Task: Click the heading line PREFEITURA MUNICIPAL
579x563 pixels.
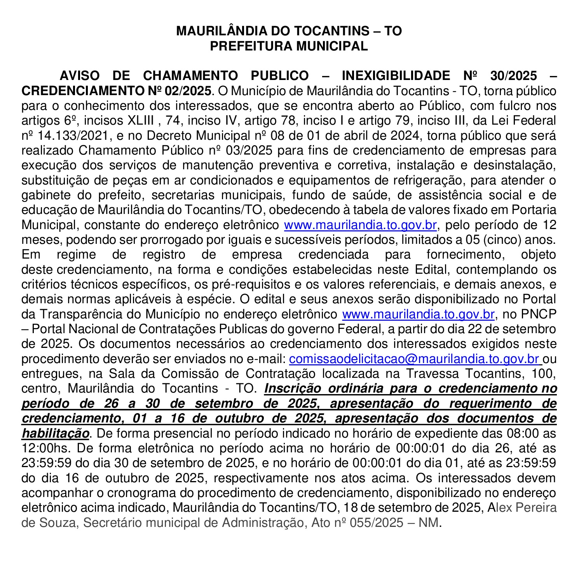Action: click(x=289, y=46)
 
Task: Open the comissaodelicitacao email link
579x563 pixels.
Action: click(x=414, y=359)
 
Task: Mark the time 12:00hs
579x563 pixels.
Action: click(x=45, y=448)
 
